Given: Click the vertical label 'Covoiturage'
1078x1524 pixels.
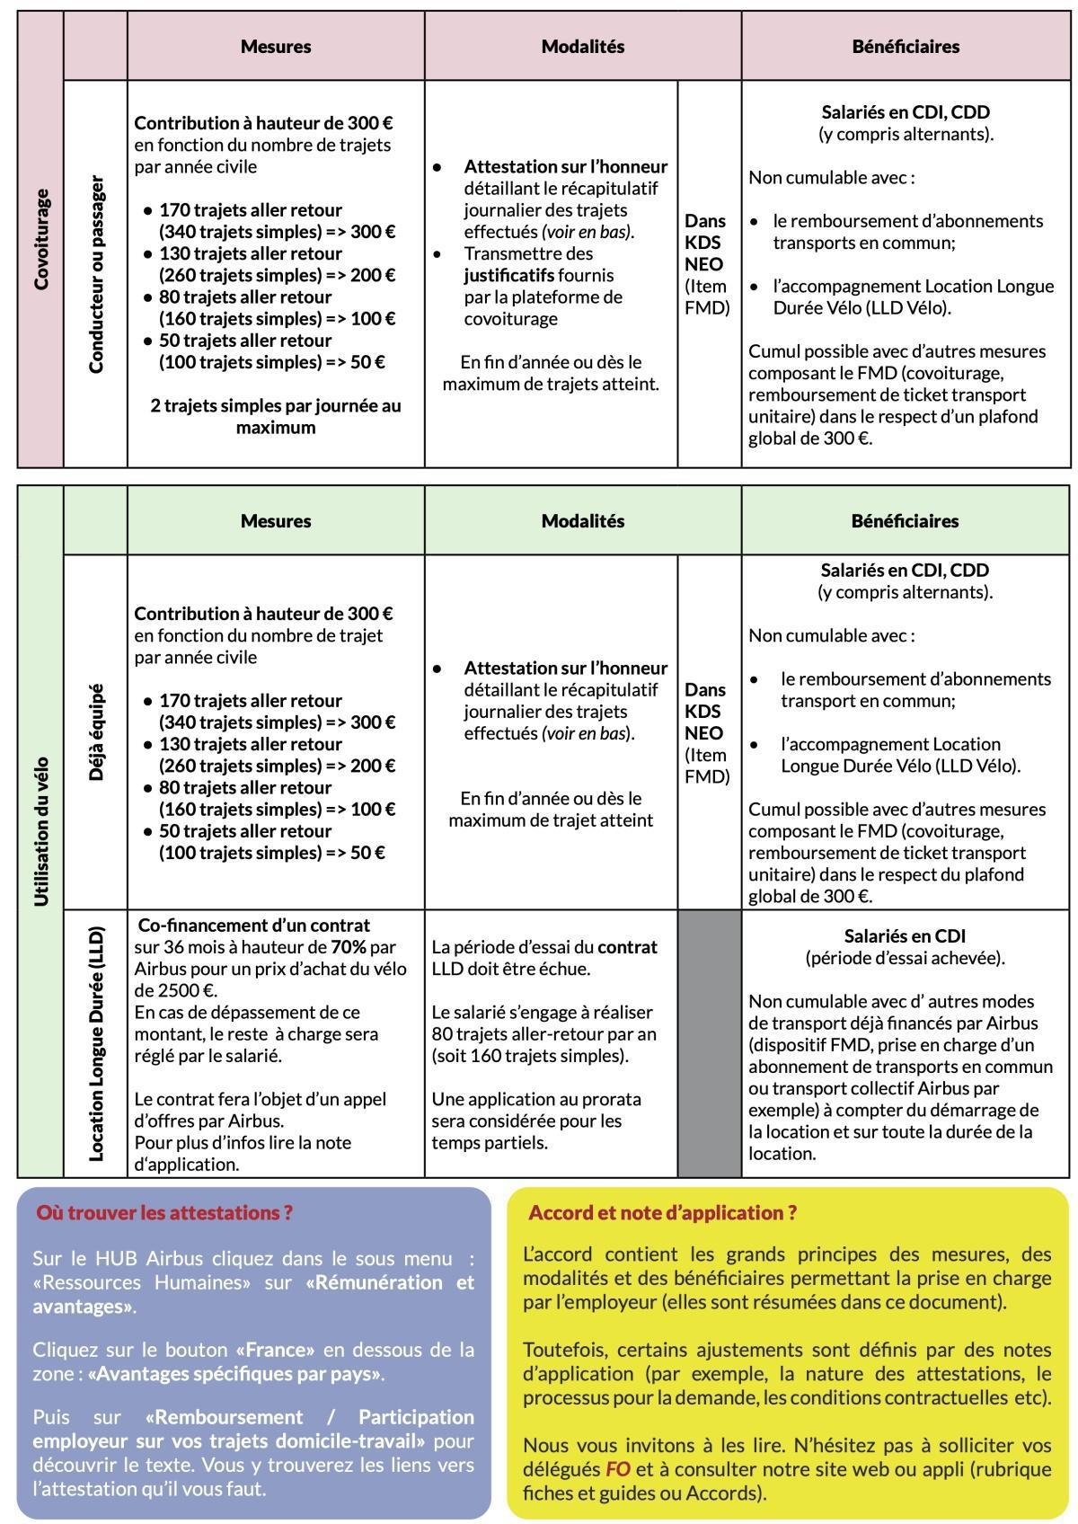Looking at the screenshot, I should [40, 240].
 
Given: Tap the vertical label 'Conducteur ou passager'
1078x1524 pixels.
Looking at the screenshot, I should [96, 274].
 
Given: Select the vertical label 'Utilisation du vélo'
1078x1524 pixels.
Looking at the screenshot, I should [40, 831].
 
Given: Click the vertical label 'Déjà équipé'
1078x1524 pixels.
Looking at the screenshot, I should [96, 732].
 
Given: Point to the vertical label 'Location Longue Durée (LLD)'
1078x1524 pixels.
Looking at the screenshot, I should [96, 1042].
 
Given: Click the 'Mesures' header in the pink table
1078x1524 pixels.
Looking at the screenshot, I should [276, 47].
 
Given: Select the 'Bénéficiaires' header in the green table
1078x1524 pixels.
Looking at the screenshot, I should [905, 521].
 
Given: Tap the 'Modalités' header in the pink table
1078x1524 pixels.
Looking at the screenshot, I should [582, 47].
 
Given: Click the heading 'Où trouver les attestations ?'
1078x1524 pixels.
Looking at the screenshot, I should [164, 1212].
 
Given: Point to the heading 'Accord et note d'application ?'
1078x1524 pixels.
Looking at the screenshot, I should [662, 1212].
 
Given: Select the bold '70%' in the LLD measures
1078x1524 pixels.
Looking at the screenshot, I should [349, 946].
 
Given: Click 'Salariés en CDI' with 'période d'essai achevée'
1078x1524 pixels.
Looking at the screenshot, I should [905, 935].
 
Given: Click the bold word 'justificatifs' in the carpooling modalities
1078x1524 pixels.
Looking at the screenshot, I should [509, 275].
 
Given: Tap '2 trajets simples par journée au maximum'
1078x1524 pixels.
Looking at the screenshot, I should [276, 416].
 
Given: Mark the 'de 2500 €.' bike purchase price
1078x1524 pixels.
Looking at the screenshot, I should [175, 990].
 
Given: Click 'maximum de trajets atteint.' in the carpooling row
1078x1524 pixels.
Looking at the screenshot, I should [551, 384].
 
